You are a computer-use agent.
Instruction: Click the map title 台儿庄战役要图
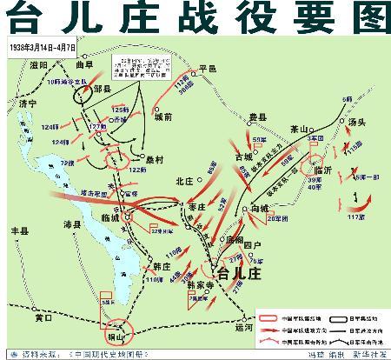(195, 18)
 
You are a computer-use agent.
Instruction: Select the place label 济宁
(30, 103)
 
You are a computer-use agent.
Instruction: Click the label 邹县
(103, 89)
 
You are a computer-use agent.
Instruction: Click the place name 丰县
(20, 232)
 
